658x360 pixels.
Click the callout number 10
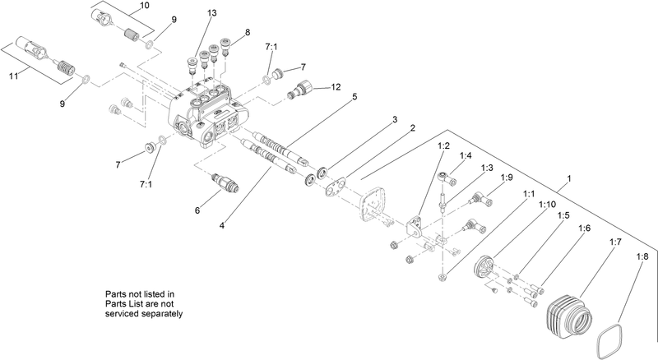pos(145,6)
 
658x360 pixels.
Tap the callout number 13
pos(212,14)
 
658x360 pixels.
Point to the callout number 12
pos(336,87)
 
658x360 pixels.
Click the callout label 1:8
pos(642,257)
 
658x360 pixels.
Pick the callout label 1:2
pos(443,145)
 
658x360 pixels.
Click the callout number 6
pos(197,210)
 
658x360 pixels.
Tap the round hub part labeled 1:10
pos(491,266)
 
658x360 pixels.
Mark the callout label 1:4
pos(466,155)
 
